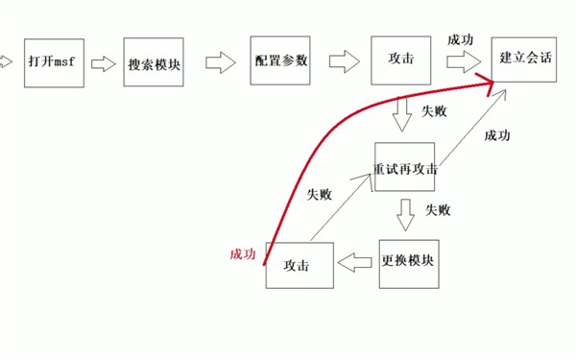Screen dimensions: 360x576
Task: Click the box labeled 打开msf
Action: click(47, 63)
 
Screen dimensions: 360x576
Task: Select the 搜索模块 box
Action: click(154, 63)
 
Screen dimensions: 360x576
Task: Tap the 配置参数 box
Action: click(281, 60)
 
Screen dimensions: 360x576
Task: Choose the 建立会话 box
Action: click(524, 59)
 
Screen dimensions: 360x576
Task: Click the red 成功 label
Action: click(243, 253)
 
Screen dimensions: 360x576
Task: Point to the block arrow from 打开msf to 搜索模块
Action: click(100, 64)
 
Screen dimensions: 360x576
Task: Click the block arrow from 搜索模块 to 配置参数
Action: click(221, 62)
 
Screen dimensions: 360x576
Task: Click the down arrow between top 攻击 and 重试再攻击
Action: click(404, 117)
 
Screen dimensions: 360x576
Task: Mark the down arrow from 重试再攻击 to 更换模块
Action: click(406, 213)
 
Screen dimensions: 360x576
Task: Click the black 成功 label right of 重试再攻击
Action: click(497, 135)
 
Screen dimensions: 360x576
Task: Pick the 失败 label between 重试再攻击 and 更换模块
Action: click(438, 210)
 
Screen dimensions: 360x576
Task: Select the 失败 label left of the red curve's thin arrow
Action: click(319, 194)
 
